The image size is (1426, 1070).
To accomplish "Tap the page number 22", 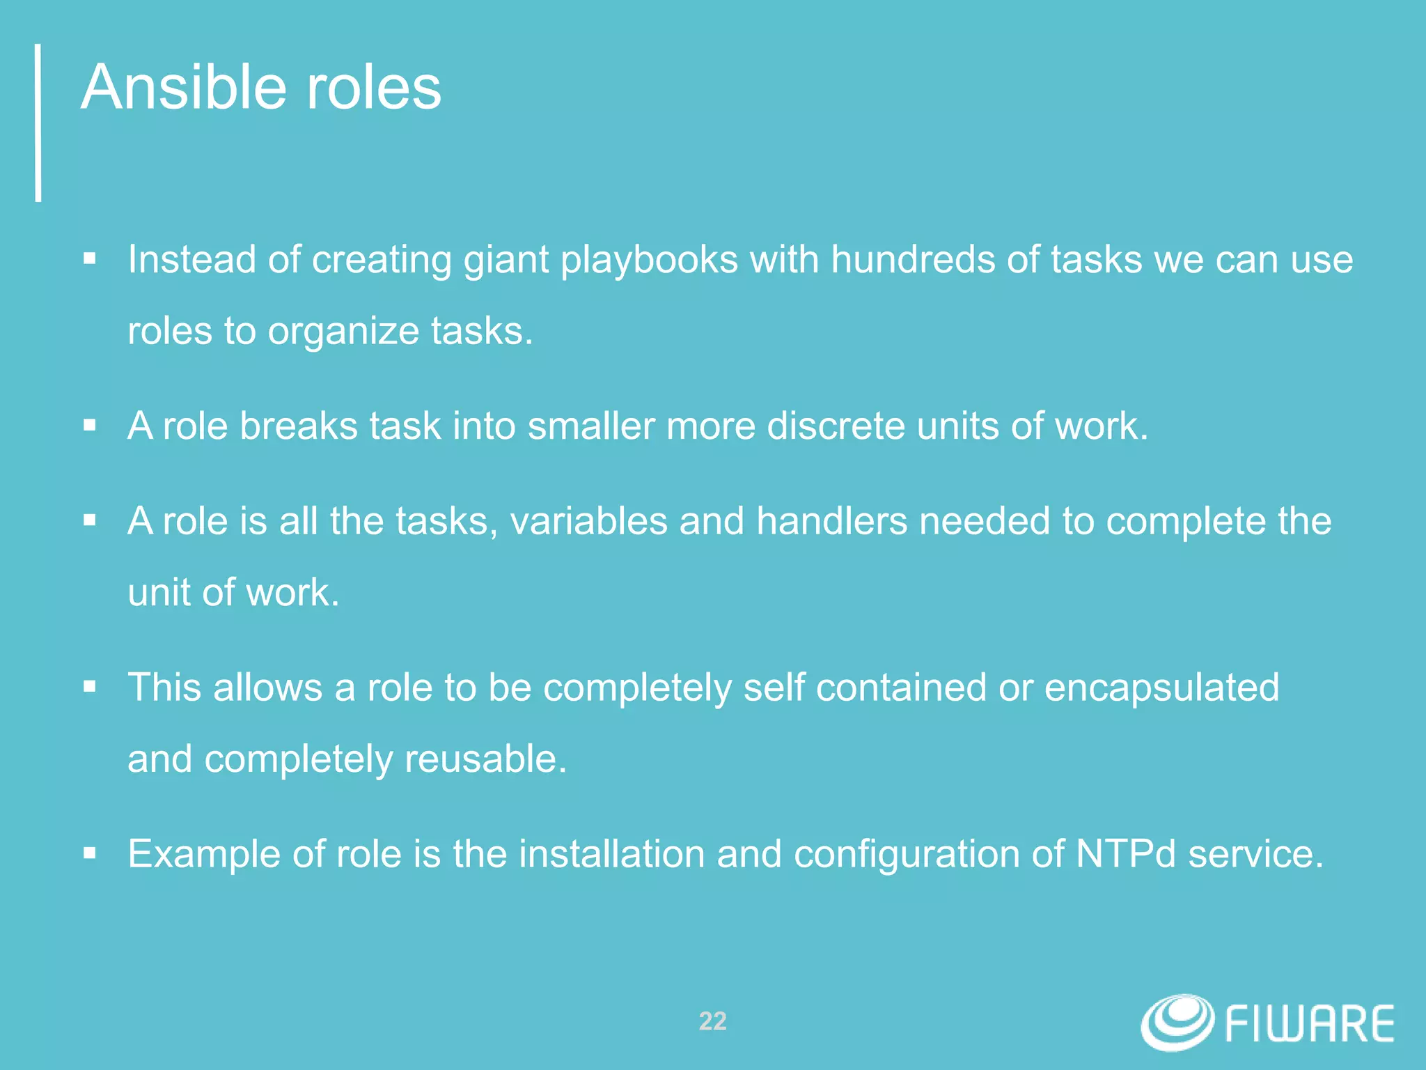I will click(x=712, y=1021).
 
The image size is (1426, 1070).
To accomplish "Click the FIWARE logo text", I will click(x=1309, y=1024).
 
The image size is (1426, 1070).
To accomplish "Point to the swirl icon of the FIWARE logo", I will click(x=1177, y=1021).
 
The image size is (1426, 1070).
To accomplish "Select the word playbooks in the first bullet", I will click(x=649, y=261).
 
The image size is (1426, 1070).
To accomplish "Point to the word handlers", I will click(x=831, y=521).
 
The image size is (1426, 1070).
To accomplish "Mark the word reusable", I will click(x=485, y=759).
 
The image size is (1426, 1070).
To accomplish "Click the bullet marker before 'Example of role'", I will click(x=89, y=853).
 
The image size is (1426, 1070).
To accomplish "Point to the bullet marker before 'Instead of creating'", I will click(x=89, y=259).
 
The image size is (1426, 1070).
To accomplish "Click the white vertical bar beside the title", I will click(x=38, y=123).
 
